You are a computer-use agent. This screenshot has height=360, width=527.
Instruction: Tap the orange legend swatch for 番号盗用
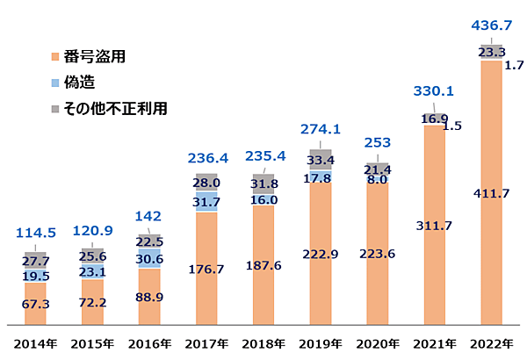55,57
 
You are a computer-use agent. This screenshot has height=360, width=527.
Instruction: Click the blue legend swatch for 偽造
55,83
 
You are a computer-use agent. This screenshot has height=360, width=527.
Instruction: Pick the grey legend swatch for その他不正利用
55,109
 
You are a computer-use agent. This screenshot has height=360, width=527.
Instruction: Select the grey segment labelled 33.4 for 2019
321,160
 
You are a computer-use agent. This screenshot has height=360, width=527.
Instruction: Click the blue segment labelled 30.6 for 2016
149,259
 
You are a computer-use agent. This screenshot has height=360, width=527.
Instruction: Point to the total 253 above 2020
377,143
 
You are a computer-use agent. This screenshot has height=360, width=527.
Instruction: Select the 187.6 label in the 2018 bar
263,265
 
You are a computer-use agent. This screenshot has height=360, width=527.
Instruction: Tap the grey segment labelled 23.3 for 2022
491,53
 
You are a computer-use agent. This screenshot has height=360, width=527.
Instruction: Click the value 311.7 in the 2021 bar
434,226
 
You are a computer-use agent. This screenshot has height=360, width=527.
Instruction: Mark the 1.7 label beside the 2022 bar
515,64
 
